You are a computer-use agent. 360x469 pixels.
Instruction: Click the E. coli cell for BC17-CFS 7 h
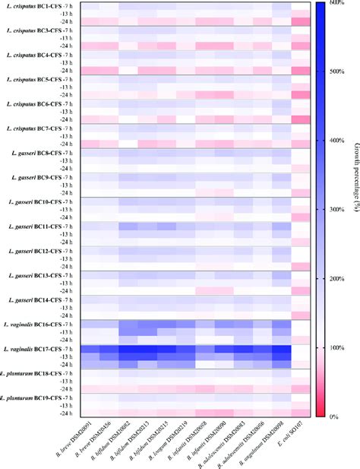[301, 349]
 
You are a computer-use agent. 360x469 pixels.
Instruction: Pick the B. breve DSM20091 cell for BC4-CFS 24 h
[90, 71]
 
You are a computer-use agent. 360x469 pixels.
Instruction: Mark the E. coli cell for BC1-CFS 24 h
[301, 22]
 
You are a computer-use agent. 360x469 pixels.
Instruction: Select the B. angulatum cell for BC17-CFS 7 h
[281, 349]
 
